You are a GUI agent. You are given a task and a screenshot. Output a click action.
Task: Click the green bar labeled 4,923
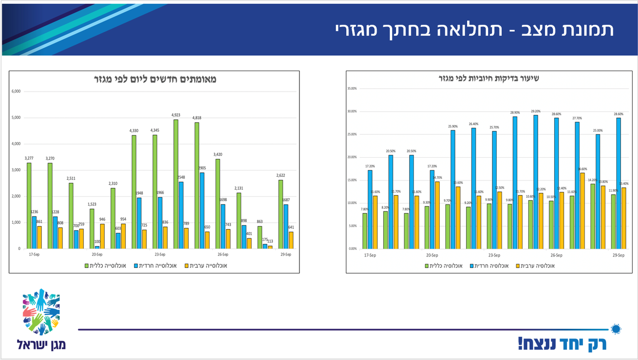[176, 184]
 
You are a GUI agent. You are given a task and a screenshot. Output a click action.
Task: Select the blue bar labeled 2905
[202, 211]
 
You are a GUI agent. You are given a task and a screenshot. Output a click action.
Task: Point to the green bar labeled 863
[259, 237]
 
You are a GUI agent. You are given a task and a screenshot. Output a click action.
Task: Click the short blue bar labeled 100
[97, 247]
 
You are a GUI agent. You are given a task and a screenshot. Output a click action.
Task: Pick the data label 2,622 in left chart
[280, 175]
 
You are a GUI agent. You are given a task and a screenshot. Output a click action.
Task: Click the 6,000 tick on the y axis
[16, 91]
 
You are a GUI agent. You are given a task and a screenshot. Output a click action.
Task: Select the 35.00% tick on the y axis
[353, 88]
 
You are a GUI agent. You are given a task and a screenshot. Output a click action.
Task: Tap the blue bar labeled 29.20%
[535, 182]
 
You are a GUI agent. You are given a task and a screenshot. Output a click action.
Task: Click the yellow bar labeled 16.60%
[582, 211]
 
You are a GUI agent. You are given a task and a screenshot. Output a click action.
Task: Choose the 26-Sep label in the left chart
[223, 255]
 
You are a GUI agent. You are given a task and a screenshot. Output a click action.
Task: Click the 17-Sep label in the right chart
[370, 255]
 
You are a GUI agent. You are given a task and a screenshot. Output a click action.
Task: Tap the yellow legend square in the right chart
[518, 266]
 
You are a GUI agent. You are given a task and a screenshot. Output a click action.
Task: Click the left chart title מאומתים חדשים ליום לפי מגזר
[154, 79]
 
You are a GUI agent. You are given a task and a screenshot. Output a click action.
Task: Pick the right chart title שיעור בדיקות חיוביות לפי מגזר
[489, 78]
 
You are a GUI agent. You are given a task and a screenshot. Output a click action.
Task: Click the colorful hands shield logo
[41, 312]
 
